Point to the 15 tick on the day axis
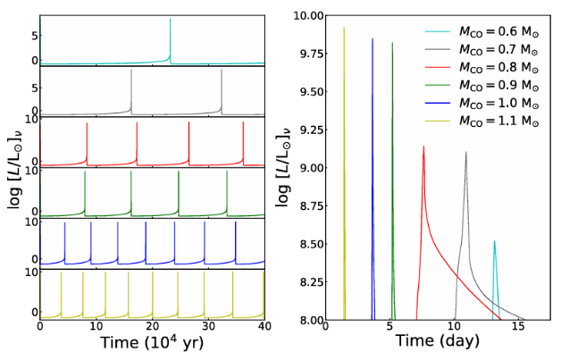[x=519, y=328]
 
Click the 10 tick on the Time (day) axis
[x=455, y=328]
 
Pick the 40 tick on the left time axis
[x=264, y=328]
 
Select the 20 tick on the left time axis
[x=152, y=328]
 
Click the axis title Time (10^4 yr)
[x=152, y=343]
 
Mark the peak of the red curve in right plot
[x=424, y=147]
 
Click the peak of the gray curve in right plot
[x=465, y=153]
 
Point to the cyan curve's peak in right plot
[x=494, y=241]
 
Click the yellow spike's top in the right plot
[x=344, y=28]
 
